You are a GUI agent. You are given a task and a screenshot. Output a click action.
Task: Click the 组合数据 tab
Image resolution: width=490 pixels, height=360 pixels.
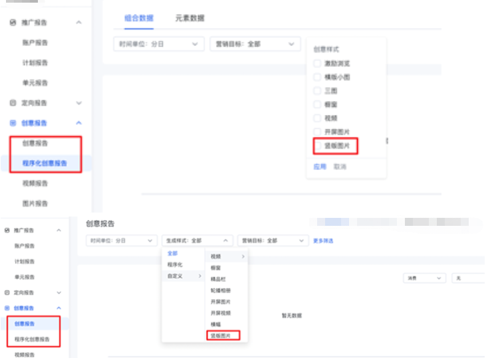138,18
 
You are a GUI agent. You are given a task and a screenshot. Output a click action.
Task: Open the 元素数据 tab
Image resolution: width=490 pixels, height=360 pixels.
190,18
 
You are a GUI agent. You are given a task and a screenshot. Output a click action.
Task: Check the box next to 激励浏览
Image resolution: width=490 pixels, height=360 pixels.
318,64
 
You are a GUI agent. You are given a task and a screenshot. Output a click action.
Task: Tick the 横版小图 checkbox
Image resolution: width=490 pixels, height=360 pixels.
318,77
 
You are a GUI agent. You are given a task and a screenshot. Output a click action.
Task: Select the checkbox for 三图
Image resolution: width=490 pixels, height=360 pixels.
318,90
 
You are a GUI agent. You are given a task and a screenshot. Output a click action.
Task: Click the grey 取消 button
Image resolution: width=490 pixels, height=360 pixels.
340,167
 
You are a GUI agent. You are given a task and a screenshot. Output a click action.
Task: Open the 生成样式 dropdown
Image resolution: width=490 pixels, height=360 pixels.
197,240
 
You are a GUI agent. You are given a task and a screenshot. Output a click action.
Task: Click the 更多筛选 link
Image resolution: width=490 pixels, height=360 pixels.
324,240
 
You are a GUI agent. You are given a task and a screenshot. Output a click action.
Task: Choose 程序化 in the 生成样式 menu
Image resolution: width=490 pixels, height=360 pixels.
174,264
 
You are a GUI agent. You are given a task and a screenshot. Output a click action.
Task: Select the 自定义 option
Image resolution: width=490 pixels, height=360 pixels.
176,276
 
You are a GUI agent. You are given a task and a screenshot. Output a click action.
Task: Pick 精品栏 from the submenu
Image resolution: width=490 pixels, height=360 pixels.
218,279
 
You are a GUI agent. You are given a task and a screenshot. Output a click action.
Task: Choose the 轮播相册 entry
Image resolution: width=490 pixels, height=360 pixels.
220,290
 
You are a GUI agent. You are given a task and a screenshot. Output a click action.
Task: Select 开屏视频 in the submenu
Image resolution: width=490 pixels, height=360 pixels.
220,313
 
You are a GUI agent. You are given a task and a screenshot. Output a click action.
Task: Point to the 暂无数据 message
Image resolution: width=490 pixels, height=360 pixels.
292,315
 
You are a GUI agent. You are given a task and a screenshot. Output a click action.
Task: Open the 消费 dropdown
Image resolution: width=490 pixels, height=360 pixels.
424,278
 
